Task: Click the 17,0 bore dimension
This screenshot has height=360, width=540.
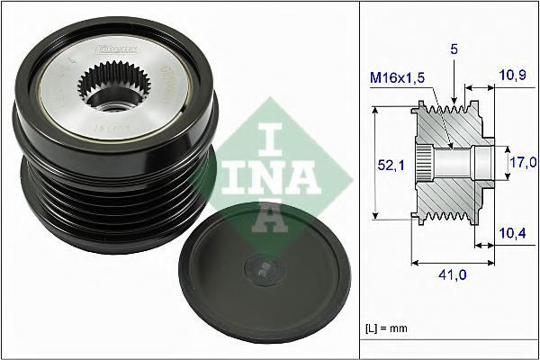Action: [523, 162]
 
